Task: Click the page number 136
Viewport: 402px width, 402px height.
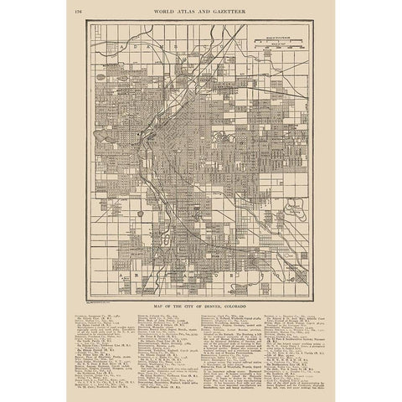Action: click(78, 11)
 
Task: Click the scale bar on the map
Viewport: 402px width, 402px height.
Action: click(286, 41)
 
